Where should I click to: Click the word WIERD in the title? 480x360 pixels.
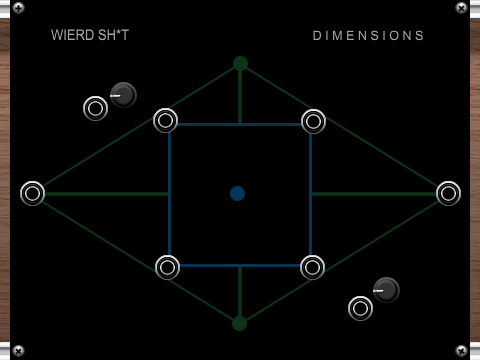coord(70,35)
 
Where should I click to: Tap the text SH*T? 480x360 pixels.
coord(112,35)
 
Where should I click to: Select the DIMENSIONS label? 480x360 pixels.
coord(369,35)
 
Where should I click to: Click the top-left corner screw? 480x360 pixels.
coord(18,8)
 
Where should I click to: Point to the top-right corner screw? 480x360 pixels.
coord(461,8)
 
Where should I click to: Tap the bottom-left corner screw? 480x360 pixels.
coord(18,351)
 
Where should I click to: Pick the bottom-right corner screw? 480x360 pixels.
coord(461,351)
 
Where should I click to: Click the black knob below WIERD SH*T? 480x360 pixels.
coord(123,95)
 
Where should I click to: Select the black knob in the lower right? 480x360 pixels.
coord(386,290)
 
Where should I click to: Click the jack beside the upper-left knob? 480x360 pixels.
coord(95,108)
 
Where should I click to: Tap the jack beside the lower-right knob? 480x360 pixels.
coord(360,308)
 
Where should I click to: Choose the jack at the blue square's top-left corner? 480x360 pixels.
coord(165,121)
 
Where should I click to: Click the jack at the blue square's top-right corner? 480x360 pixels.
coord(313,121)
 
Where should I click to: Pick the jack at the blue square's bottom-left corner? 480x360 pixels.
coord(167,267)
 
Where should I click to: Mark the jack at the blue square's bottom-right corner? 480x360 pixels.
coord(312,267)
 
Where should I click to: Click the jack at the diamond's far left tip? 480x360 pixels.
coord(32,193)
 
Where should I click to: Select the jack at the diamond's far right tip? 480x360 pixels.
coord(448,193)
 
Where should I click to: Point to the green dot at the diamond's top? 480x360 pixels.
coord(240,63)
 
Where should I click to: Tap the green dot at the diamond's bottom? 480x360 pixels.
coord(239,323)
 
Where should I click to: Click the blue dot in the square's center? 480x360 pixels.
coord(237,193)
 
